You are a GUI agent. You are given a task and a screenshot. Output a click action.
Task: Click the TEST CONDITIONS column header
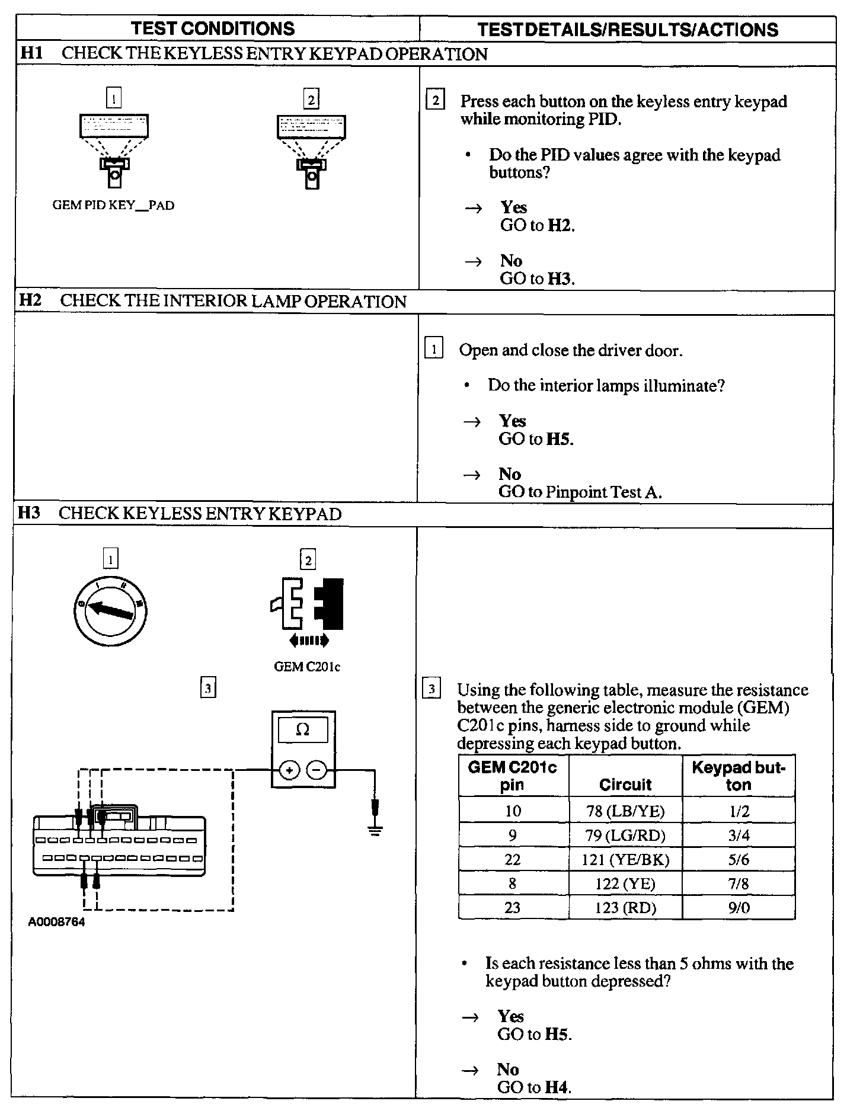pyautogui.click(x=213, y=28)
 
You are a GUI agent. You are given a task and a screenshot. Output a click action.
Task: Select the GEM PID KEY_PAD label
pyautogui.click(x=114, y=206)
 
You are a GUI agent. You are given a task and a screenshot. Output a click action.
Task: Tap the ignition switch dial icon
pyautogui.click(x=110, y=610)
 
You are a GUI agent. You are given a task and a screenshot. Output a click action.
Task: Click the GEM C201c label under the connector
pyautogui.click(x=307, y=667)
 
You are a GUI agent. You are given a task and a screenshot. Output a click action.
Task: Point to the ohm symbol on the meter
pyautogui.click(x=303, y=729)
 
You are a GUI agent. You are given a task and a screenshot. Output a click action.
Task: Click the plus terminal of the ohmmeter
pyautogui.click(x=289, y=770)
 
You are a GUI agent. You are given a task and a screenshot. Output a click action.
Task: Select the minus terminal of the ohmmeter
pyautogui.click(x=317, y=770)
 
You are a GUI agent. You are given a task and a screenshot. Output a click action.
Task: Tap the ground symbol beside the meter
pyautogui.click(x=375, y=830)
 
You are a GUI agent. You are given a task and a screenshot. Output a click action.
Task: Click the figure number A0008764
pyautogui.click(x=57, y=923)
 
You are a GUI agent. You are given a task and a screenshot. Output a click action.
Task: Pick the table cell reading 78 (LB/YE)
pyautogui.click(x=625, y=811)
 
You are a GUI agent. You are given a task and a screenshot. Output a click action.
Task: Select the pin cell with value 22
pyautogui.click(x=513, y=859)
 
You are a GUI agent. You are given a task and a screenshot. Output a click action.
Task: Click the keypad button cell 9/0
pyautogui.click(x=739, y=908)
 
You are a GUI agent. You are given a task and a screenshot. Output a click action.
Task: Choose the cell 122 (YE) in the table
pyautogui.click(x=625, y=883)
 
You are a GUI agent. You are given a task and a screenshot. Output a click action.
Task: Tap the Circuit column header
pyautogui.click(x=625, y=785)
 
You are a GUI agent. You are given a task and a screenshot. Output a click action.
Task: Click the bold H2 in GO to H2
pyautogui.click(x=560, y=225)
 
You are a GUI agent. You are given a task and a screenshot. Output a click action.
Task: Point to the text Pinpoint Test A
pyautogui.click(x=603, y=492)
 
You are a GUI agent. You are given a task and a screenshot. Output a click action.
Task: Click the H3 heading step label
pyautogui.click(x=29, y=513)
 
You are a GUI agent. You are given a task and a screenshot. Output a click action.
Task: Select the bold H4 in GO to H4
pyautogui.click(x=557, y=1087)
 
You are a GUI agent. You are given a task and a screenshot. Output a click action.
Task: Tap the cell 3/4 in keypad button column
pyautogui.click(x=739, y=835)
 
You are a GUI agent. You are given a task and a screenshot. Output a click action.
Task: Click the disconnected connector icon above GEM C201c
pyautogui.click(x=308, y=604)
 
